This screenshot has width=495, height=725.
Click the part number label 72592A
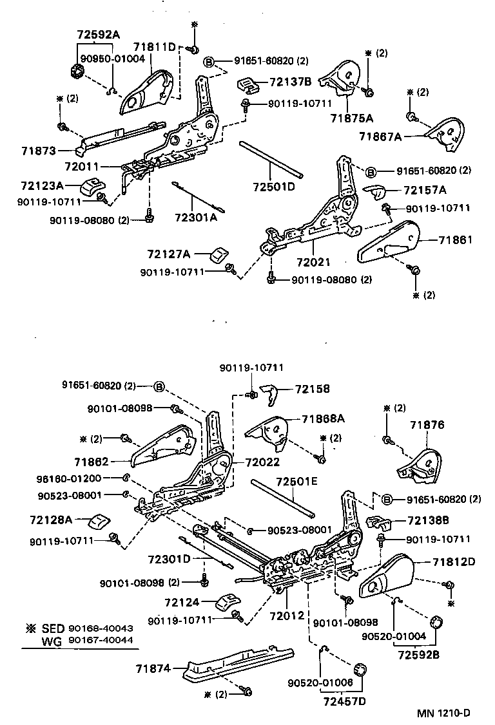[99, 35]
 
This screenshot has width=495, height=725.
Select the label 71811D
[155, 47]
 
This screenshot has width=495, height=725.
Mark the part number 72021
[313, 263]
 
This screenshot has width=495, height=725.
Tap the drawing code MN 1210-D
[443, 713]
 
